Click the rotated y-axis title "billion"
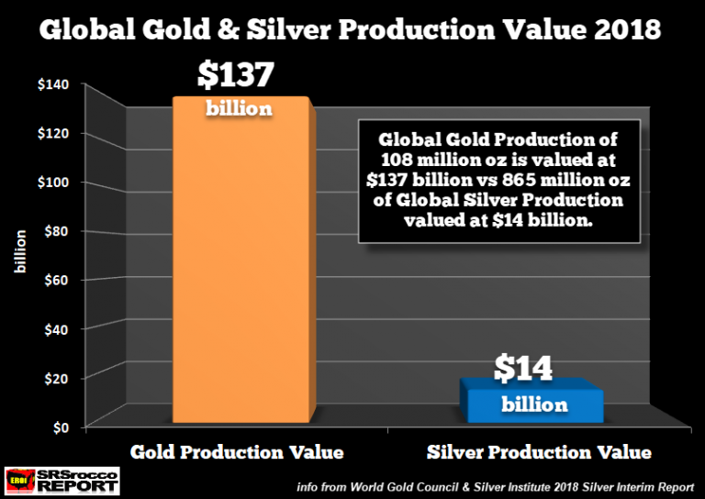click(19, 256)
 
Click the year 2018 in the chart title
click(623, 29)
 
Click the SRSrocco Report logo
click(62, 479)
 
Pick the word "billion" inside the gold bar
click(239, 108)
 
